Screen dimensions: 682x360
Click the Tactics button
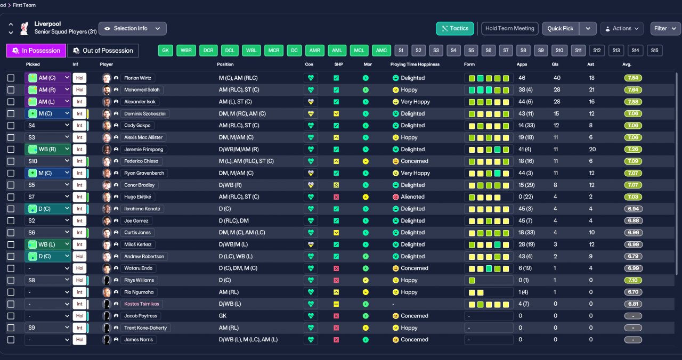click(x=455, y=29)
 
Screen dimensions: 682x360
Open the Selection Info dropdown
click(x=133, y=29)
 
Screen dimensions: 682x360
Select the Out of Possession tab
click(x=103, y=51)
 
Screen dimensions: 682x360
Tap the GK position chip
click(x=165, y=51)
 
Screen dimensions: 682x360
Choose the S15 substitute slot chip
click(x=654, y=51)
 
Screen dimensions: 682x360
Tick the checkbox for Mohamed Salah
click(x=11, y=90)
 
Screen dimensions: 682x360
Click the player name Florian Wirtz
click(x=137, y=78)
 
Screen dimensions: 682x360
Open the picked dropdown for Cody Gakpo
click(x=47, y=125)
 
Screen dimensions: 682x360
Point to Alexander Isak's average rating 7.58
click(x=633, y=102)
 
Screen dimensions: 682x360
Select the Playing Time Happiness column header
click(x=415, y=64)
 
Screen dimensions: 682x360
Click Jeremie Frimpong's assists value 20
click(x=592, y=150)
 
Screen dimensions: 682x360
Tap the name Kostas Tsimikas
click(x=142, y=304)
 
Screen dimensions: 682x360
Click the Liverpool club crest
click(x=25, y=28)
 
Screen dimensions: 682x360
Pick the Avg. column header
click(x=627, y=64)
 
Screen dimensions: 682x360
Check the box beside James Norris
click(x=11, y=340)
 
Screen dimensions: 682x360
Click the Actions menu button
click(x=622, y=29)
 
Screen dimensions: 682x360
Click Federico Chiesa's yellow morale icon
click(x=366, y=161)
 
